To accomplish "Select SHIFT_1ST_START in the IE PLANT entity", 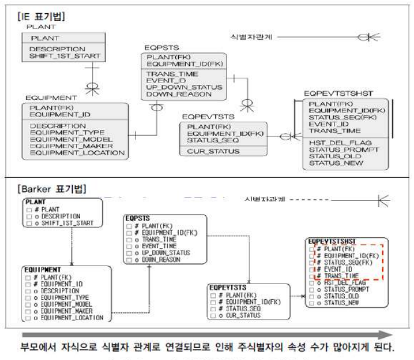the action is point(64,57).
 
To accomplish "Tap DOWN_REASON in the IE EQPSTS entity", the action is point(175,95).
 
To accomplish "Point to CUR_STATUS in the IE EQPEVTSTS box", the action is point(214,151).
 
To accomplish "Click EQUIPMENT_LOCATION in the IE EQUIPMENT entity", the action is point(77,153).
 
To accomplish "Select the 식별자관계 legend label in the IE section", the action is point(252,37).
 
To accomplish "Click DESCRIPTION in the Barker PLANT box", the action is point(60,216).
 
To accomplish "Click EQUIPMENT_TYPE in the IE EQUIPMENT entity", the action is point(67,133).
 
